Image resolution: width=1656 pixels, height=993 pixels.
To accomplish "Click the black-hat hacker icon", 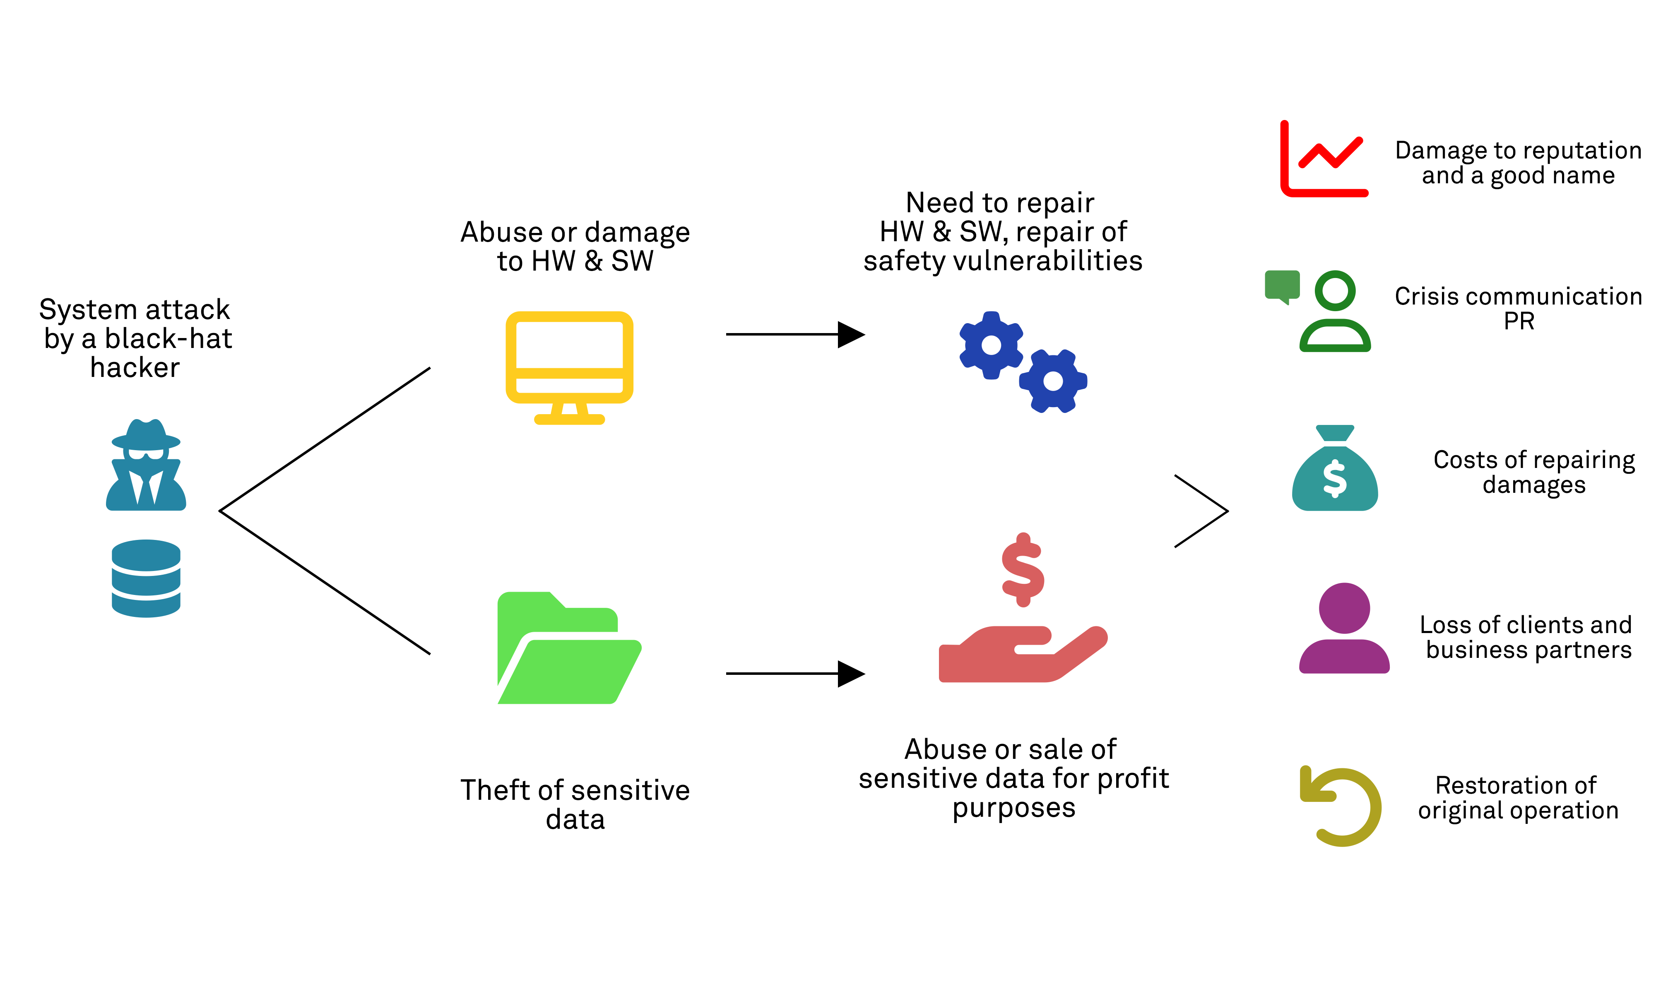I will pyautogui.click(x=146, y=466).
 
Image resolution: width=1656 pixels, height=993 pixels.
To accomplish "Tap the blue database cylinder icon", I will pyautogui.click(x=146, y=578).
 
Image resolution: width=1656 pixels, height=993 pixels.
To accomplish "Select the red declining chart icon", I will pyautogui.click(x=1323, y=159).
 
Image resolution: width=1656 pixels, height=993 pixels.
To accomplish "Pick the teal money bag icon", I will pyautogui.click(x=1335, y=470).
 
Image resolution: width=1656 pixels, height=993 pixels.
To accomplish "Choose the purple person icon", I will pyautogui.click(x=1344, y=629).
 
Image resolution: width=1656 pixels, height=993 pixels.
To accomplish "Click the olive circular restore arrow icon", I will pyautogui.click(x=1341, y=806).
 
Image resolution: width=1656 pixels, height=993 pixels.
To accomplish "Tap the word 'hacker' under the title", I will pyautogui.click(x=135, y=367).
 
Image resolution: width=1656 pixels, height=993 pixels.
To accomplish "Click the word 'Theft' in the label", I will pyautogui.click(x=495, y=790).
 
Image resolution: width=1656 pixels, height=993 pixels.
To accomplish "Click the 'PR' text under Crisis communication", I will pyautogui.click(x=1519, y=321).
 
